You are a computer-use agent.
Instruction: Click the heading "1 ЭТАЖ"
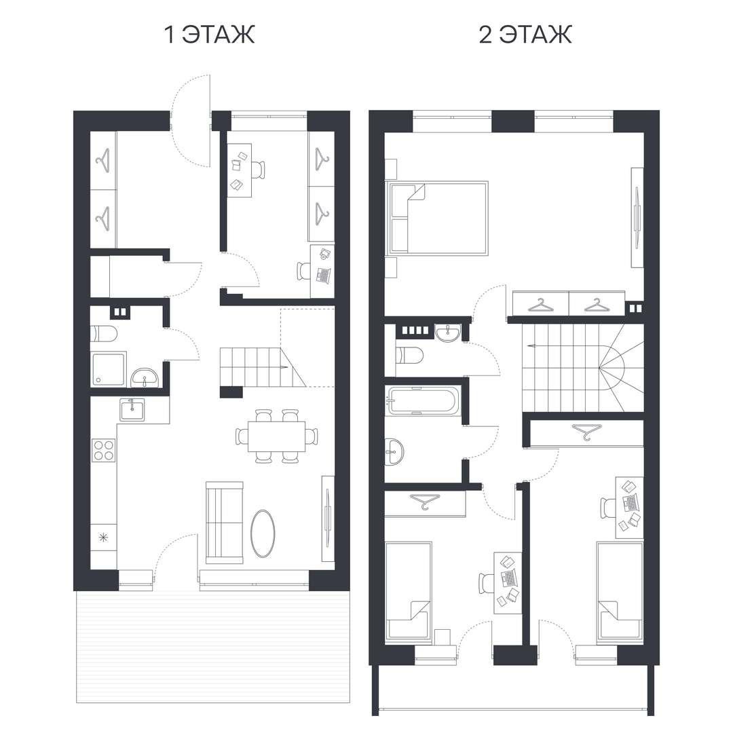210,35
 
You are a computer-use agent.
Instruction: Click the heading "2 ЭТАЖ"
525,35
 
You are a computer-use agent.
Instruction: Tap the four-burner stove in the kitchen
104,450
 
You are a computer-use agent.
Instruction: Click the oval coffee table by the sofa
263,533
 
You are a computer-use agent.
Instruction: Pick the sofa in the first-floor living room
225,523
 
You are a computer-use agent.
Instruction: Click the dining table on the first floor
276,436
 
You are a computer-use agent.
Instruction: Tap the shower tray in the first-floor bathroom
109,369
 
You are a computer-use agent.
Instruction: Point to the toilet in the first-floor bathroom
104,334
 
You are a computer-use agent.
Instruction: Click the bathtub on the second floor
424,400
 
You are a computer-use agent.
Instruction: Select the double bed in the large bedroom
436,218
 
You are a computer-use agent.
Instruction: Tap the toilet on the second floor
409,356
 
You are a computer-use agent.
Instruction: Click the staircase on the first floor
263,367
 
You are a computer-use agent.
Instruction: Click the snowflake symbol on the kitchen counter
103,538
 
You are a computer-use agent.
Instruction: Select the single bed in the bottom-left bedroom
408,590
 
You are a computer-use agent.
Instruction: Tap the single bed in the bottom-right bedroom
620,590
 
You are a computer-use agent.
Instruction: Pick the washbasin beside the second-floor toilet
448,333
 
